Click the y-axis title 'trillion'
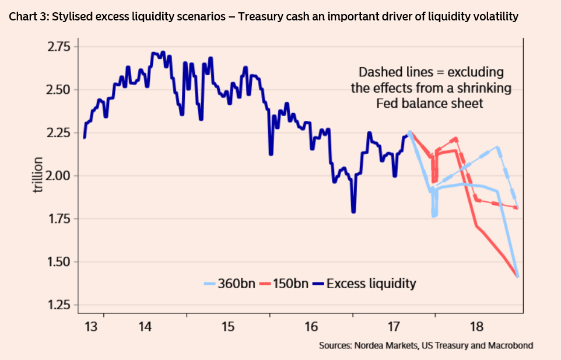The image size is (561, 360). coord(38,176)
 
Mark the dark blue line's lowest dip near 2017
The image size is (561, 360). coord(353,211)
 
